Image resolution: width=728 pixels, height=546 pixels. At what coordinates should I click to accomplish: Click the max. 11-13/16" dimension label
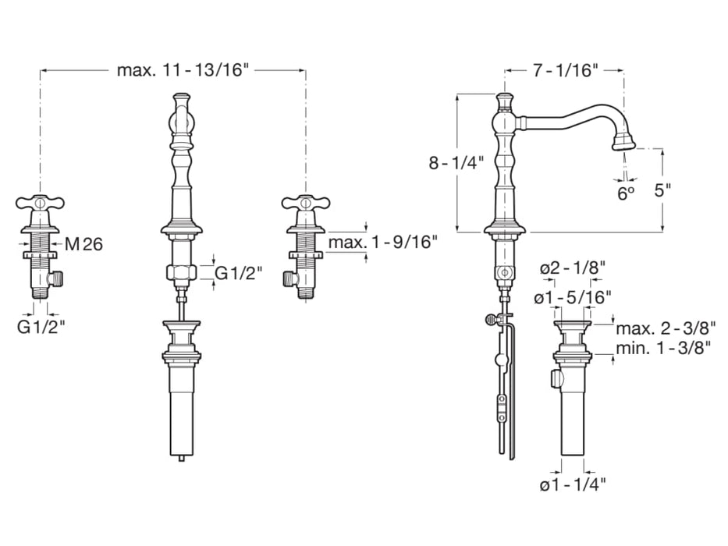click(183, 70)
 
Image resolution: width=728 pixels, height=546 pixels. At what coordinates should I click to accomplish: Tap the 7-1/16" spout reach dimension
click(564, 70)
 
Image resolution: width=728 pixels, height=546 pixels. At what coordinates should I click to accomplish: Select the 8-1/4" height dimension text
click(456, 163)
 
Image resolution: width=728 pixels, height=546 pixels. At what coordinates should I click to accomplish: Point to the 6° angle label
click(626, 193)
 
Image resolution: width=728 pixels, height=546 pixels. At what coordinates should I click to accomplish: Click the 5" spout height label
click(662, 190)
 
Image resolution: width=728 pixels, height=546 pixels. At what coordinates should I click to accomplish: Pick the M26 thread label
click(83, 243)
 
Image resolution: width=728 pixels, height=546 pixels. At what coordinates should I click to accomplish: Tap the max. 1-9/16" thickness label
click(383, 242)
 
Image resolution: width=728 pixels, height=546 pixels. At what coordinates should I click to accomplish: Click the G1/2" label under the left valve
click(41, 327)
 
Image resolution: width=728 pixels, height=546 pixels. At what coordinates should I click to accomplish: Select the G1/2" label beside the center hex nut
click(239, 273)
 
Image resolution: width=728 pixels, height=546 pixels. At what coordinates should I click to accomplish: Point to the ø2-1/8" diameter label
click(573, 268)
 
